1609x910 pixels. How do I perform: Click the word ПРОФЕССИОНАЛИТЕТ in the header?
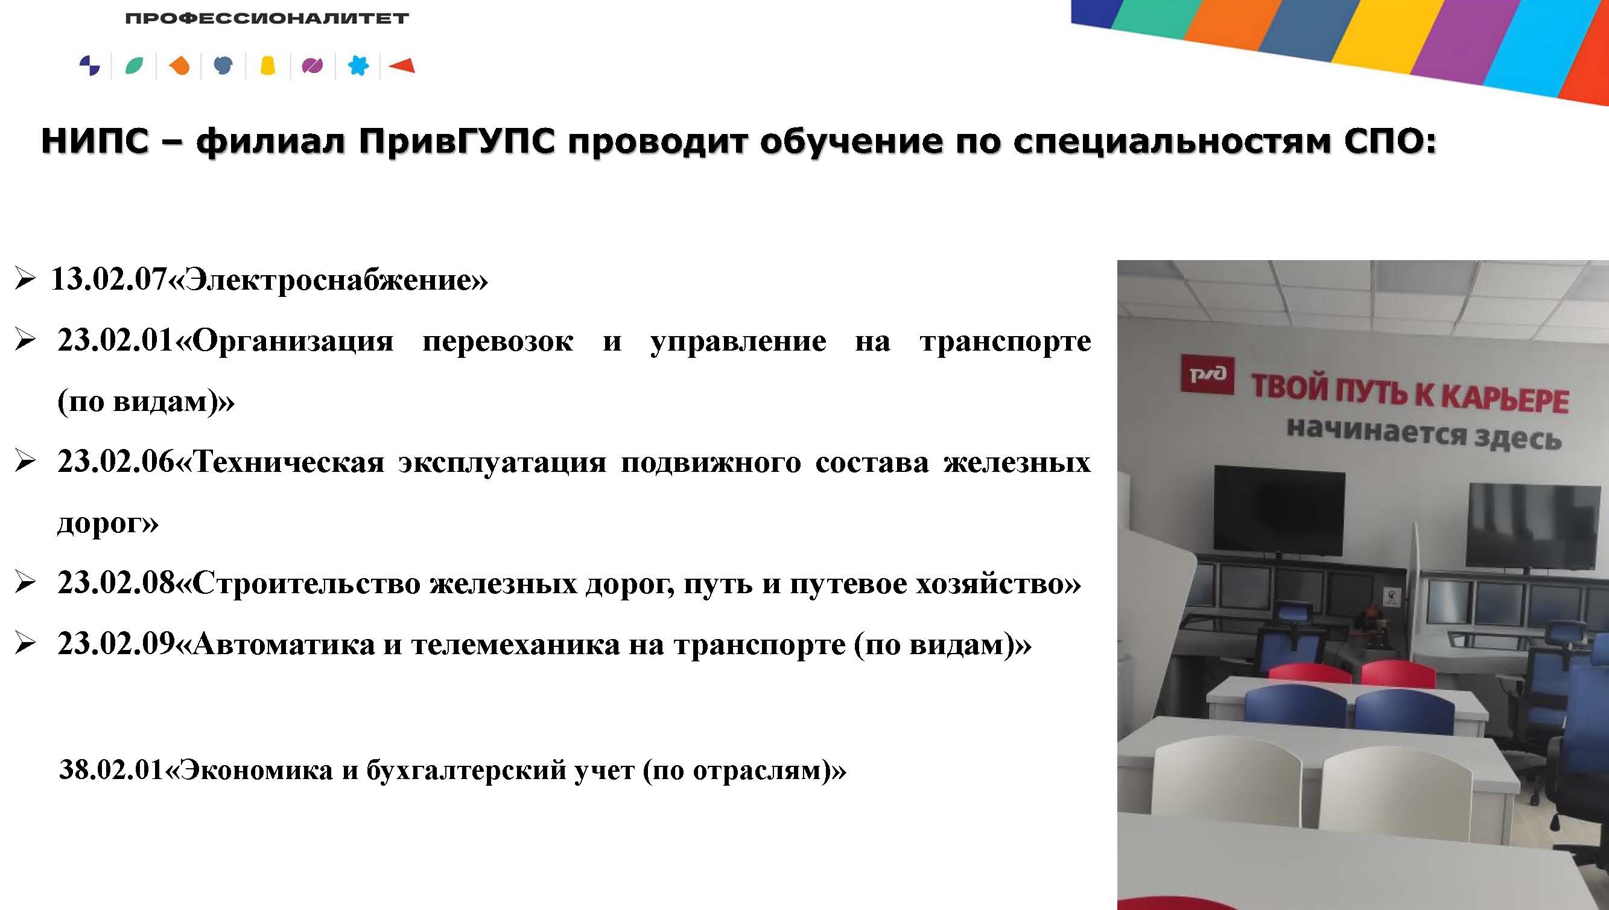coord(267,18)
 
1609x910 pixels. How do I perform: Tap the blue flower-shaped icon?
coord(358,66)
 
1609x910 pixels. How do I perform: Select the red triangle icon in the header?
coord(402,65)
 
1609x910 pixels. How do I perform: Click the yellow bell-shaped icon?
coord(268,66)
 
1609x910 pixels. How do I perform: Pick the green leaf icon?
coord(135,66)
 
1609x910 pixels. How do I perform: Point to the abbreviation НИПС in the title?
coord(95,141)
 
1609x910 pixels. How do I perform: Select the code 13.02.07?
coord(110,279)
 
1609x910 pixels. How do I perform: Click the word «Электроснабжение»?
coord(329,279)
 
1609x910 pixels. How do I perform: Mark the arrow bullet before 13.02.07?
coord(25,279)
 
